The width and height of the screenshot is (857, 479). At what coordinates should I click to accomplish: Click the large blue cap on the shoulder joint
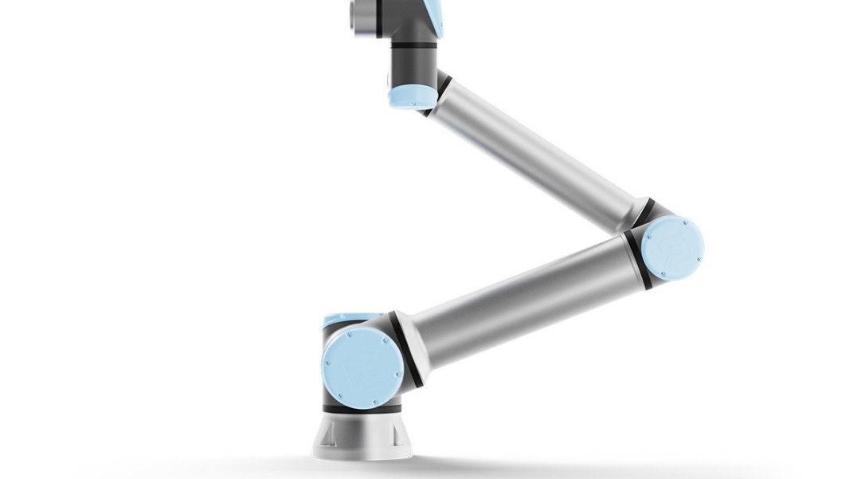click(362, 367)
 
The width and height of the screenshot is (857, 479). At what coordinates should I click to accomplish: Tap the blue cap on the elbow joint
click(672, 248)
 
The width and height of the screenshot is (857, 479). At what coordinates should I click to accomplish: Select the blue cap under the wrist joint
click(412, 96)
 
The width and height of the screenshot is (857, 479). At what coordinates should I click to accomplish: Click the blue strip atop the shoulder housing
click(350, 320)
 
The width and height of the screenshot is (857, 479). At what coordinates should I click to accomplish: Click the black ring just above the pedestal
click(362, 409)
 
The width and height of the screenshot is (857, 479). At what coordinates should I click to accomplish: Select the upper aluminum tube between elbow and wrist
click(534, 151)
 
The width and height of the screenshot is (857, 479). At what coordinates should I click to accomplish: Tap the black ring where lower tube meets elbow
click(637, 259)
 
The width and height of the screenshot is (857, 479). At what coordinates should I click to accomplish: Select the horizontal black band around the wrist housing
click(413, 45)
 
